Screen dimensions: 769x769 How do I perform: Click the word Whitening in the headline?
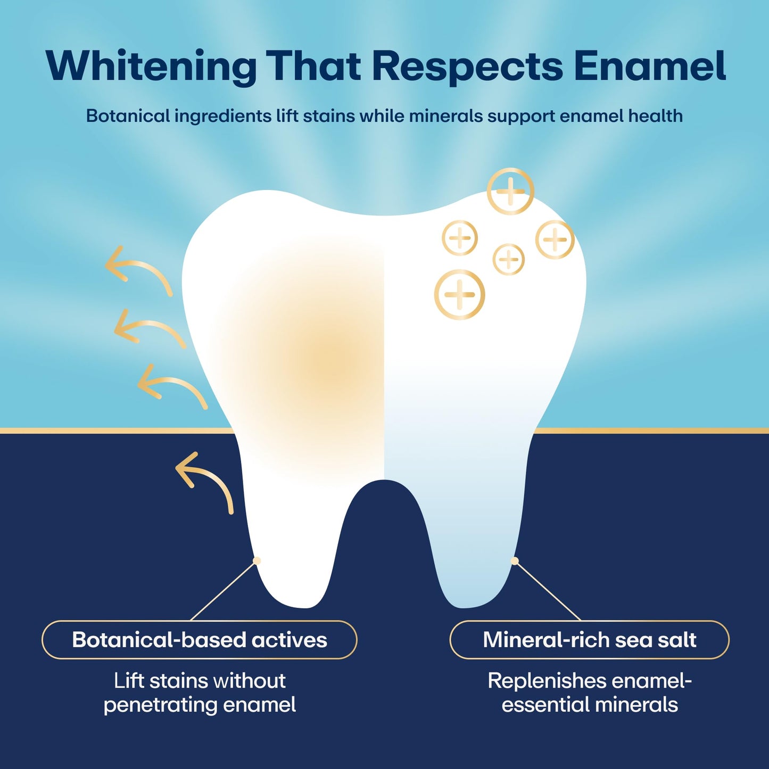[x=151, y=67]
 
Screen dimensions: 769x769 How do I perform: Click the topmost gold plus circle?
[x=510, y=191]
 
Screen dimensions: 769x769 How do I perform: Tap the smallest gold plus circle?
[x=509, y=259]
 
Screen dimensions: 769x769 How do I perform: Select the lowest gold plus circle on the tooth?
[x=459, y=294]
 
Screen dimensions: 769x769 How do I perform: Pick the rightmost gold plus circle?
[x=555, y=239]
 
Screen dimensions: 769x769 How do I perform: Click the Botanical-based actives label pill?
[x=200, y=640]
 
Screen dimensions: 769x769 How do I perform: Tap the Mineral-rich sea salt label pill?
[x=589, y=640]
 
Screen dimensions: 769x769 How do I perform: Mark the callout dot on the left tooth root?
[x=257, y=560]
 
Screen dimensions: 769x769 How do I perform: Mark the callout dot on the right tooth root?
[x=515, y=560]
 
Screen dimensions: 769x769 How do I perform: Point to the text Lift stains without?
[x=200, y=681]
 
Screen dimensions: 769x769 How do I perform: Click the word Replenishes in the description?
[x=548, y=681]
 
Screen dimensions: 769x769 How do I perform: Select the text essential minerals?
[x=590, y=705]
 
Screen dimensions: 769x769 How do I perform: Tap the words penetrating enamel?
[x=200, y=705]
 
